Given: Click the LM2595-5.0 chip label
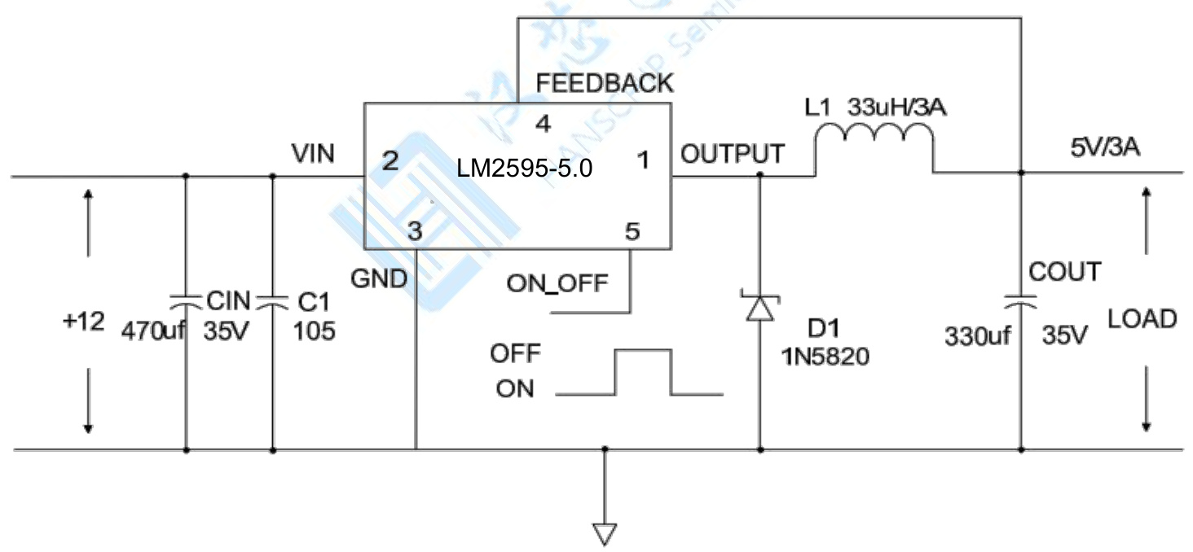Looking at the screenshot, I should [x=524, y=169].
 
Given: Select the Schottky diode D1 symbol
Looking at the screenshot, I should [x=759, y=308].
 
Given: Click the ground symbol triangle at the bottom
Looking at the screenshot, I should [x=604, y=533].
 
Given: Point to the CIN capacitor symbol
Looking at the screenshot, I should [x=186, y=301].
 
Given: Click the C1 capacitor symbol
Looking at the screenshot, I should [x=272, y=301].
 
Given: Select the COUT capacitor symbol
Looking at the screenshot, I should [x=1020, y=302].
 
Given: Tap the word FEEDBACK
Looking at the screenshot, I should [x=605, y=83].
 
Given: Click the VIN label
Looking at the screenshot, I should [x=313, y=153].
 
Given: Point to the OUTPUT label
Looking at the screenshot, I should [x=733, y=154].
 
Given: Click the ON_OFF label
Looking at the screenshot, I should [x=557, y=283].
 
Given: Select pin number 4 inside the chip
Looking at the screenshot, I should [x=543, y=125].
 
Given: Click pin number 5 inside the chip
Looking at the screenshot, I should [x=632, y=232].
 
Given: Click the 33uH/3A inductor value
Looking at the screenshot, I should [x=896, y=107].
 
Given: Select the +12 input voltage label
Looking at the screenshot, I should [x=84, y=322].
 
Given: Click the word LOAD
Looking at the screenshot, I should [x=1142, y=319].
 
